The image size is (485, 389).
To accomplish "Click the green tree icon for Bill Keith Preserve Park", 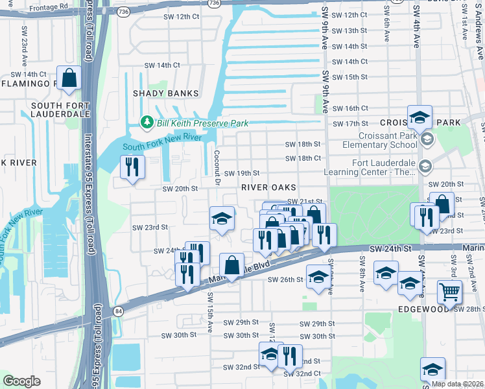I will pyautogui.click(x=147, y=121).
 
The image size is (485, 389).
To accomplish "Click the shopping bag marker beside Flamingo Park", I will pyautogui.click(x=69, y=78).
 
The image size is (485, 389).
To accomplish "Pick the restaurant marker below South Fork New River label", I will pyautogui.click(x=133, y=168).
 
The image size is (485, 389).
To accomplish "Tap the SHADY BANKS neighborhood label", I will pyautogui.click(x=165, y=93).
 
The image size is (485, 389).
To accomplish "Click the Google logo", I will pyautogui.click(x=21, y=381).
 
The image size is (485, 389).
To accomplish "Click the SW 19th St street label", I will pyautogui.click(x=242, y=173).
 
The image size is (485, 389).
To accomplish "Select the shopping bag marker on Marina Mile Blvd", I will pyautogui.click(x=231, y=264).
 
